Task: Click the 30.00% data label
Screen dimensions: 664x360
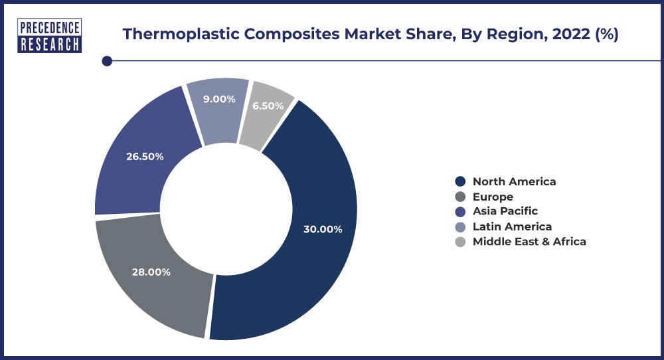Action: [323, 229]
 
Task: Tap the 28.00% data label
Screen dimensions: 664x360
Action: [151, 272]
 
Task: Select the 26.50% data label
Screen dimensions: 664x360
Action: [145, 157]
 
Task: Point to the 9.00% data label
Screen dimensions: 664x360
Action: [219, 99]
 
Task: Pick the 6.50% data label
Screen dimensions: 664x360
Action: [268, 106]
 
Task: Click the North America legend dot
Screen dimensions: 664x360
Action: [460, 181]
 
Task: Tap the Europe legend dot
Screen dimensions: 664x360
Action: [460, 197]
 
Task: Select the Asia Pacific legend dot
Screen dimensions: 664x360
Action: [460, 211]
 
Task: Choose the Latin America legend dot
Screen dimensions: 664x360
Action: [460, 226]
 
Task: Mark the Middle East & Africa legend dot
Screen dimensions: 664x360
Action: [460, 242]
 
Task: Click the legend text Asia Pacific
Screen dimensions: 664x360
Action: [505, 211]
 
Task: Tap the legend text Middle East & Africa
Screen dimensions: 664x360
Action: [529, 241]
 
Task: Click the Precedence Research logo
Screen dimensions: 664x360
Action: [50, 36]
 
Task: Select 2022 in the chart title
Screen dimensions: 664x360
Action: [571, 33]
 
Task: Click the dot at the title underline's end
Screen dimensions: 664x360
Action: [107, 61]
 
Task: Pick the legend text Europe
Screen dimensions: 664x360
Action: [493, 197]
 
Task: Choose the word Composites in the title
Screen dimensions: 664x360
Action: [291, 34]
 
